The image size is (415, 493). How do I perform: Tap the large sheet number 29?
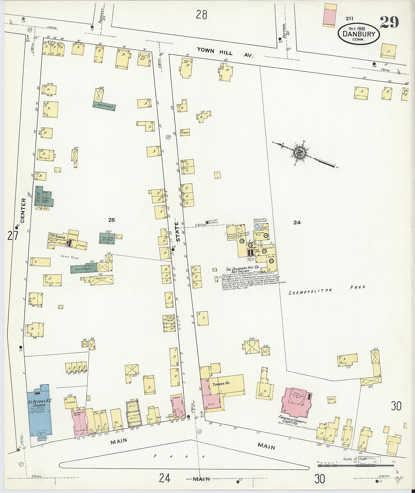[x=389, y=22]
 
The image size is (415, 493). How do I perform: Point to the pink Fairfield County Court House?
[x=295, y=403]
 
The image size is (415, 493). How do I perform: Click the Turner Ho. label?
[x=221, y=384]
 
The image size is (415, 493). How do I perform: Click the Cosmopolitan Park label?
[x=326, y=290]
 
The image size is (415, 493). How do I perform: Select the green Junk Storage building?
[x=104, y=106]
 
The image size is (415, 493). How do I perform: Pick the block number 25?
[x=111, y=220]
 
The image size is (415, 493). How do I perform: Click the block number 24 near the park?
[x=297, y=222]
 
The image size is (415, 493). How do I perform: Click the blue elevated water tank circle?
[x=257, y=226]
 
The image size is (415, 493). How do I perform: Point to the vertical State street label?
[x=178, y=231]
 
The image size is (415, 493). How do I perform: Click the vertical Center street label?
[x=23, y=210]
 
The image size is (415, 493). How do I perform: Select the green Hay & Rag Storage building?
[x=107, y=238]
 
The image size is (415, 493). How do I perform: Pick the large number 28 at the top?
[x=201, y=14]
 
